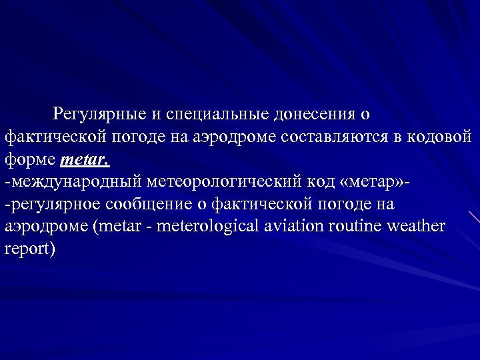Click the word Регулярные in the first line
[x=100, y=114]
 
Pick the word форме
[x=30, y=160]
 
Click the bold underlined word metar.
[x=85, y=160]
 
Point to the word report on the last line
[x=26, y=249]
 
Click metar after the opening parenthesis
[x=120, y=225]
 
